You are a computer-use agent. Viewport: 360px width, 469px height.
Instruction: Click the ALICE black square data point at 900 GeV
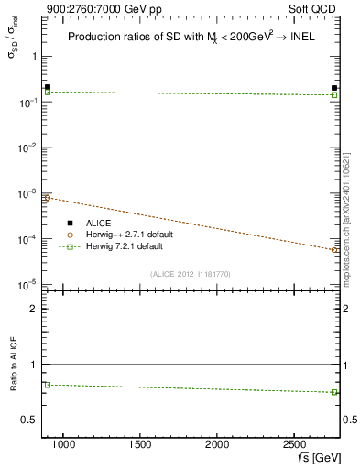(x=48, y=87)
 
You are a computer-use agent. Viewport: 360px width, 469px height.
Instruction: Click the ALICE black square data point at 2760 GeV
(x=334, y=88)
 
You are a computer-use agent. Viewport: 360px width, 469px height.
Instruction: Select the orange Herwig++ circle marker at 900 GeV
(x=48, y=198)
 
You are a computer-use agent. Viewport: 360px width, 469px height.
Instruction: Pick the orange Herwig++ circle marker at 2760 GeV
(x=334, y=249)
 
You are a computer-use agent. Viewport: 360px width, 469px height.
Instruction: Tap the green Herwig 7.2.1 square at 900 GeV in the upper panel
(x=48, y=93)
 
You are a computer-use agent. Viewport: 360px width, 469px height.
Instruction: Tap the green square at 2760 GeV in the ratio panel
(x=334, y=392)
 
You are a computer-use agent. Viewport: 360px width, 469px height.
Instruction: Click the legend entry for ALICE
(x=99, y=223)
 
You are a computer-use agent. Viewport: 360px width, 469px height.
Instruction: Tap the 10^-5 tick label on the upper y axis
(x=26, y=285)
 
